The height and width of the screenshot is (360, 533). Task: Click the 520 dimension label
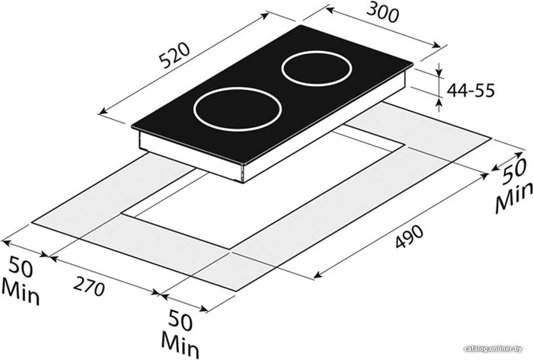point(174,56)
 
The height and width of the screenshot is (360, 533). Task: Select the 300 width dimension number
point(383,14)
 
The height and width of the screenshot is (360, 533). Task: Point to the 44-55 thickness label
point(471,91)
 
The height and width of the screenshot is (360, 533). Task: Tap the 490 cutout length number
point(410,236)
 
